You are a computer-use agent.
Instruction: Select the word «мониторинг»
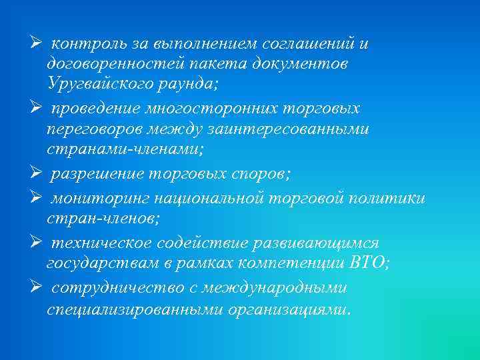click(99, 199)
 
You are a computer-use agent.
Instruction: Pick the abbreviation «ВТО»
click(370, 263)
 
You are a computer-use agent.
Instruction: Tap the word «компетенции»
click(290, 263)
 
